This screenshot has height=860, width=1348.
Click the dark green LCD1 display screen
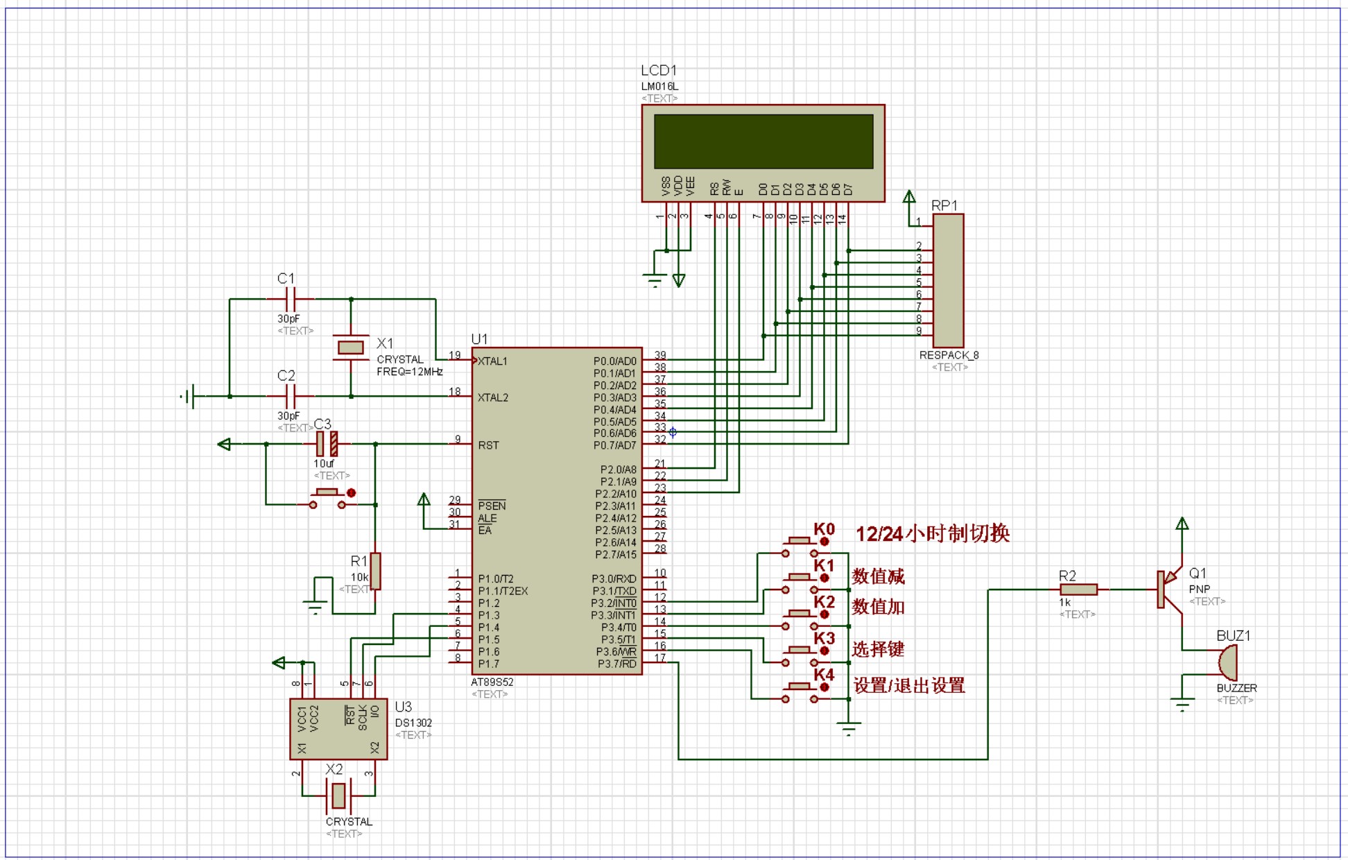[763, 141]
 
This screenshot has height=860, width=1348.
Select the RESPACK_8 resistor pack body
[948, 280]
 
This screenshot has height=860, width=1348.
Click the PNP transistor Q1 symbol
[1170, 590]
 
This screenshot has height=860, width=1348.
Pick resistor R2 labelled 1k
[1079, 590]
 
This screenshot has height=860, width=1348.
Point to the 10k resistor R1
[375, 571]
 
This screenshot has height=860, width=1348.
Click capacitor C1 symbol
[291, 300]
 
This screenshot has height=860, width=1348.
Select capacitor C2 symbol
[291, 397]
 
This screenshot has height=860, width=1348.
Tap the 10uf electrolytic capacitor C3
[327, 444]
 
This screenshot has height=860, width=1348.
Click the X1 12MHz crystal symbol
[351, 347]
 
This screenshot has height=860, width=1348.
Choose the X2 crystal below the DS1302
[338, 796]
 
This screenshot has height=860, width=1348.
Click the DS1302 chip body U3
[338, 729]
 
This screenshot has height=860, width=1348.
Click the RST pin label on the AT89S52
[488, 445]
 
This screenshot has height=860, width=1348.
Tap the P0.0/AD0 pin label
[615, 361]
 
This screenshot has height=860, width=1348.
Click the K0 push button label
[824, 529]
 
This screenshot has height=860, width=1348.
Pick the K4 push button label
[824, 674]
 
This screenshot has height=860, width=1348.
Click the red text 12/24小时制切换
[933, 533]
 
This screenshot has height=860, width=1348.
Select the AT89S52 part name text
[492, 682]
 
